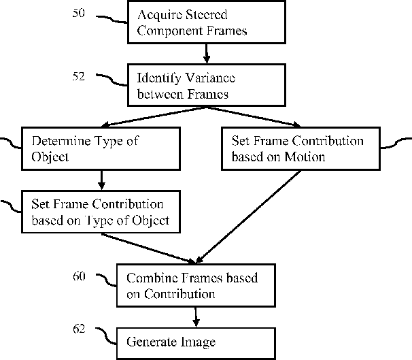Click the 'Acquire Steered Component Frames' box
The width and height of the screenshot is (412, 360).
pos(207,22)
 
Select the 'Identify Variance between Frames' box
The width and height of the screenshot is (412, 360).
pos(207,85)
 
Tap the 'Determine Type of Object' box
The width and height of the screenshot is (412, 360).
pos(101,148)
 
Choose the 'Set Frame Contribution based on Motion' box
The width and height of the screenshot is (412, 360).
pos(301,148)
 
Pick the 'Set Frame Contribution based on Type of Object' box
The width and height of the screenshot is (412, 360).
pos(101,212)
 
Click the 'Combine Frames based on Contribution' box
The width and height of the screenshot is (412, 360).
pos(196,285)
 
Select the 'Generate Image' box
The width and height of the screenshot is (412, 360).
pos(196,344)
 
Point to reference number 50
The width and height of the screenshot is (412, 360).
pos(79,13)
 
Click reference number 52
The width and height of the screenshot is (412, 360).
pos(79,76)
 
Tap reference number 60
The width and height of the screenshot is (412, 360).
pos(79,276)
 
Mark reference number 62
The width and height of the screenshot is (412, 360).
pos(79,329)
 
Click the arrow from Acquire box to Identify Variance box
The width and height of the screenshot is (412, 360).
pos(207,54)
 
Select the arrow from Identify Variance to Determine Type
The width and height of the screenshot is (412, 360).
pos(154,117)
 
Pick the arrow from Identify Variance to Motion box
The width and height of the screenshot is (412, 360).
pos(254,117)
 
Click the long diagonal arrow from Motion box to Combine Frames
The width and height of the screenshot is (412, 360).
pos(248,216)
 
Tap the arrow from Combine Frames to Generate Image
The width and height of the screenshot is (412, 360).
pos(196,317)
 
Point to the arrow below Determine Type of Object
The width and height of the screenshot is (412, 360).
pos(101,180)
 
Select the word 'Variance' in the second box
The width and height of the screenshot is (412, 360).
pos(210,78)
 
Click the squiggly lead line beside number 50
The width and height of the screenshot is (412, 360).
pos(111,20)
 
